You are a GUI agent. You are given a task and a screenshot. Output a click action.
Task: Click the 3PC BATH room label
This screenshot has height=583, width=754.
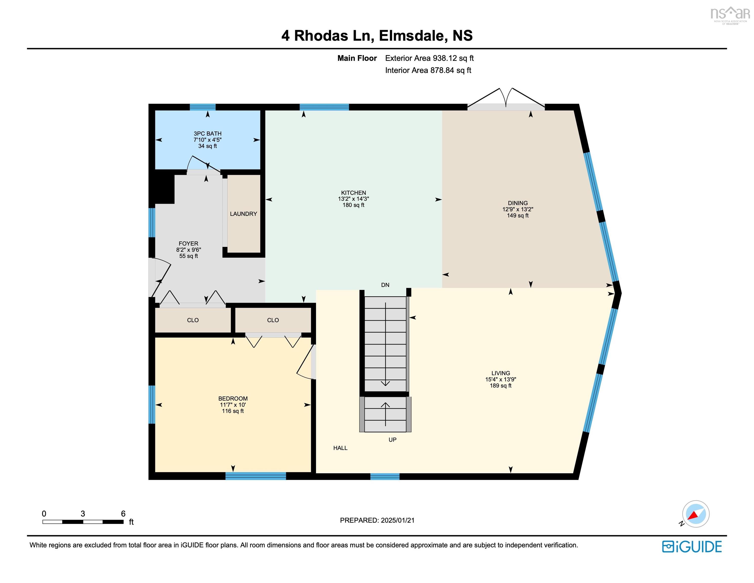point(207,133)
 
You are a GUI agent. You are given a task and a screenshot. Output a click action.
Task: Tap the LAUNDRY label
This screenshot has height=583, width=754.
point(243,214)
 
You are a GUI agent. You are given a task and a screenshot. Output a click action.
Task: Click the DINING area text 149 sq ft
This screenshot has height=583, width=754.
point(518,216)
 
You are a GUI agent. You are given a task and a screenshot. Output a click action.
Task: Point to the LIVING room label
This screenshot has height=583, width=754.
point(501,373)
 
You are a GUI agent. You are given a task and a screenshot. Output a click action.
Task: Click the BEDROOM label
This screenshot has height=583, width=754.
point(233,399)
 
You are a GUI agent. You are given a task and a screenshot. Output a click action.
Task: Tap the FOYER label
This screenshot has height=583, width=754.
point(188,243)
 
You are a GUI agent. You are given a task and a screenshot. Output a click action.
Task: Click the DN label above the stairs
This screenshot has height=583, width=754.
point(385,285)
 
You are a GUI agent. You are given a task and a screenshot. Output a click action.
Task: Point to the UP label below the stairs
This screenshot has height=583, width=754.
point(392,440)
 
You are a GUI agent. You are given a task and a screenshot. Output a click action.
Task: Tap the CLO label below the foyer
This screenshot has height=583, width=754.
point(193,320)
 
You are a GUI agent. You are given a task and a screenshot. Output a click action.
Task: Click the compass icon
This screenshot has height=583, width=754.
point(696,514)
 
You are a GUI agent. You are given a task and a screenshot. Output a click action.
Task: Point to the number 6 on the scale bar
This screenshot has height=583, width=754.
point(123,514)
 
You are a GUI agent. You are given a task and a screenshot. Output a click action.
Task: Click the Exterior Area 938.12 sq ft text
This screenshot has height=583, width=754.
point(429,58)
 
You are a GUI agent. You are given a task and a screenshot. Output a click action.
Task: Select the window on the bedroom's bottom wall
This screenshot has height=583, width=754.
point(255,476)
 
